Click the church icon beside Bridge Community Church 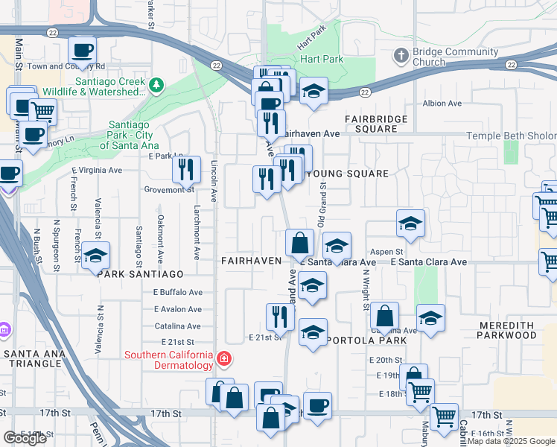401,56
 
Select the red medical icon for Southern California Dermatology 223,361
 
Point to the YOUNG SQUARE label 347,174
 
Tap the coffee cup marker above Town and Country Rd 82,51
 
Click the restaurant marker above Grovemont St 186,169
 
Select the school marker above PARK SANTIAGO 95,256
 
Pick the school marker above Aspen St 410,223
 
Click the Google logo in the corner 25,438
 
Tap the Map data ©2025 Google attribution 511,441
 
